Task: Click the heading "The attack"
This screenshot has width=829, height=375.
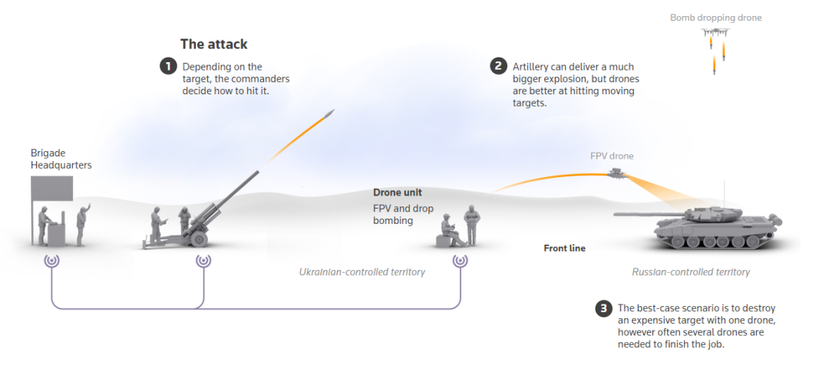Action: [x=213, y=44]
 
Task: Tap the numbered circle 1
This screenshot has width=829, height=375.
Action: [x=167, y=67]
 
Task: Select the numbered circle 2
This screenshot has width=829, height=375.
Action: [x=498, y=67]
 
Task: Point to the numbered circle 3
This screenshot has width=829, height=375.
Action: [x=603, y=309]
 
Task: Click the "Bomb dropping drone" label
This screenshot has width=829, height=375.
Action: [x=715, y=18]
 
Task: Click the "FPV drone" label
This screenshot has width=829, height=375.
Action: [x=612, y=156]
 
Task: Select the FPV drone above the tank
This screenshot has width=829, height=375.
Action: [x=616, y=175]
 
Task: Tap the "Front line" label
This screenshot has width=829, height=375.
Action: [x=564, y=248]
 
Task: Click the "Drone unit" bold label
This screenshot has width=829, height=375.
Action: [x=398, y=192]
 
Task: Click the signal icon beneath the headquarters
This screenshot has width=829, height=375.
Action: [x=52, y=260]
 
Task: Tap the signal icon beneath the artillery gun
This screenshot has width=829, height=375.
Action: [x=203, y=260]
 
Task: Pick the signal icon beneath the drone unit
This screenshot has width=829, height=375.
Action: [x=461, y=260]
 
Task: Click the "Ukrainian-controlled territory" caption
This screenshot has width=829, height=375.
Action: [x=362, y=272]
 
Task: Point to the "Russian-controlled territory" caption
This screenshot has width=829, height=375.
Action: [x=691, y=272]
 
